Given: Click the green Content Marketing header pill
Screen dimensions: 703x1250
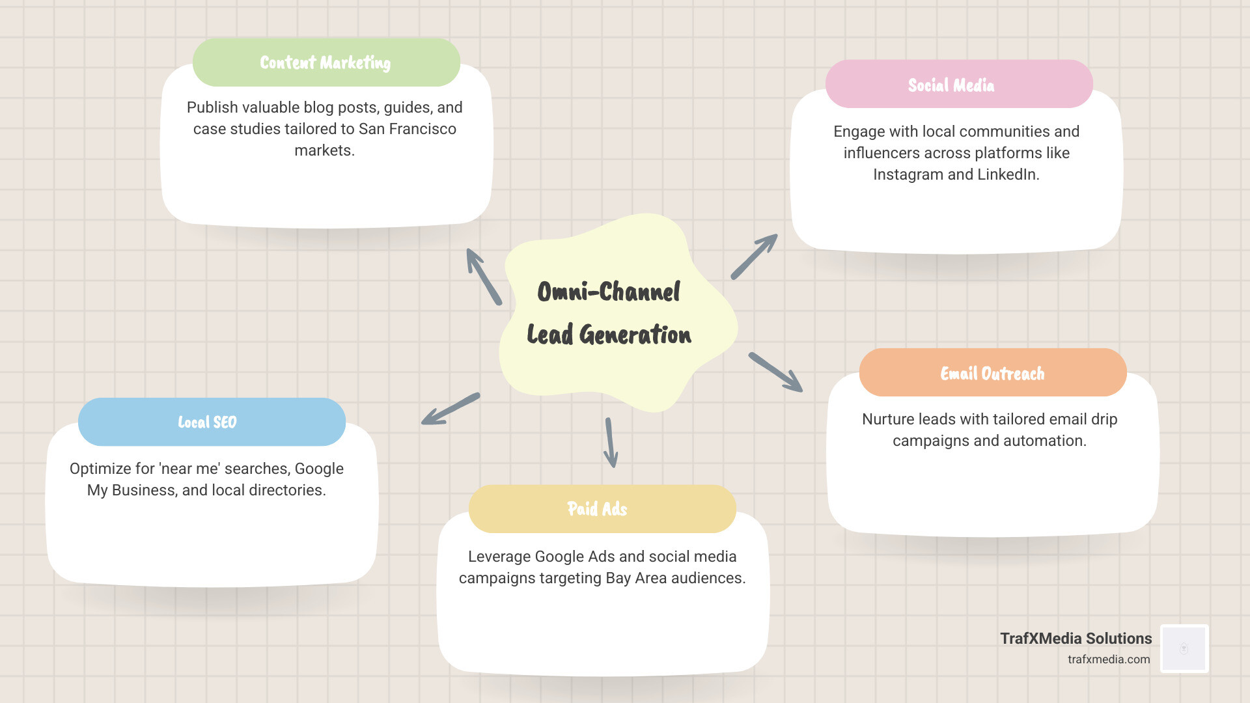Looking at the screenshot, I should click(326, 62).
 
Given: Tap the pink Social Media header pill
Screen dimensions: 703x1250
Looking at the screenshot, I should click(958, 85).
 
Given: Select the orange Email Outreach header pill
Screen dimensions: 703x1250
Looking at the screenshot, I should click(992, 373).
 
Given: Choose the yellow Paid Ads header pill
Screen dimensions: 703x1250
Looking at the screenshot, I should click(602, 509).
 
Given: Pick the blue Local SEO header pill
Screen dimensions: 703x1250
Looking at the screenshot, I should click(212, 422).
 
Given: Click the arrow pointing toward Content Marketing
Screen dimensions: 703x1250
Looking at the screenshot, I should click(484, 277).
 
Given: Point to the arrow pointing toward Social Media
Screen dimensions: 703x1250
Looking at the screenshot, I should click(754, 256).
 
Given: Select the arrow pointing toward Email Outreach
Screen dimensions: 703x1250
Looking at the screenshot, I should click(775, 372).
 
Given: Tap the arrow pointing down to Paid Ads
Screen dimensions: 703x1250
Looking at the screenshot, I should click(611, 443).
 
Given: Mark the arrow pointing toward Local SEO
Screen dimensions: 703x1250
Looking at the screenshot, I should click(451, 409).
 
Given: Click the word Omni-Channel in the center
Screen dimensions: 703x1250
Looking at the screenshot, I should click(609, 292).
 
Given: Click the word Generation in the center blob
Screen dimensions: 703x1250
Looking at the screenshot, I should click(635, 335).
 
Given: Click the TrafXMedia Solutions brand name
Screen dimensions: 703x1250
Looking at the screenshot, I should click(1076, 639).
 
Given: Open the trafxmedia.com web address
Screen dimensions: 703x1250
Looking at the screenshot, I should click(1108, 659).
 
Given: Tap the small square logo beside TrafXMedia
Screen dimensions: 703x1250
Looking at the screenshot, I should click(1184, 648).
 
